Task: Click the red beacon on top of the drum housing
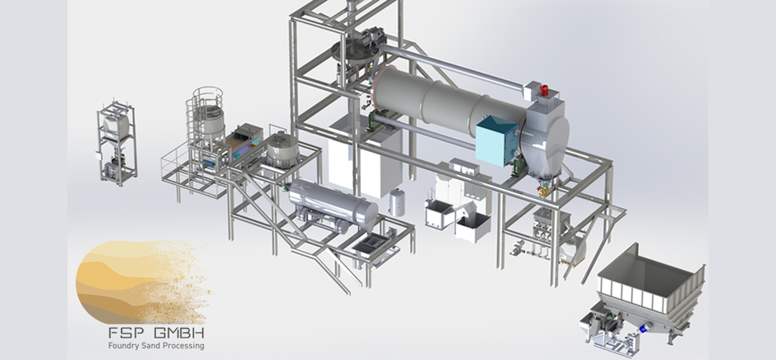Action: [x=544, y=91]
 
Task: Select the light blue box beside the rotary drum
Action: [x=498, y=140]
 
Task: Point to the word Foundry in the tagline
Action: [x=124, y=346]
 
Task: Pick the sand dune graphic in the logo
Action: [x=144, y=282]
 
